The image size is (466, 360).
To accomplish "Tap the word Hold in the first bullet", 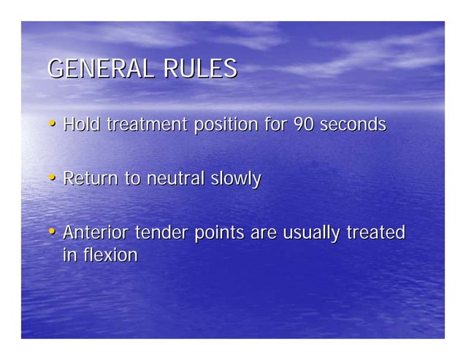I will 82,125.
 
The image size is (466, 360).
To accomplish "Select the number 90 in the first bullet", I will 303,125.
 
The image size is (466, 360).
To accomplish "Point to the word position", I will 225,126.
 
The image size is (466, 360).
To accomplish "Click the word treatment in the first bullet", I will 148,125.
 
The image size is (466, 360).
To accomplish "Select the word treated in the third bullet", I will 375,233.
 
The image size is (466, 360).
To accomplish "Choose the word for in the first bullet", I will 276,125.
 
